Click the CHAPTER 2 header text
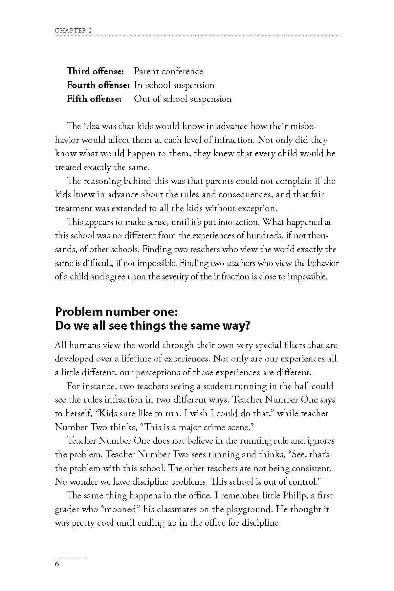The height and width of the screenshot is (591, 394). (x=73, y=31)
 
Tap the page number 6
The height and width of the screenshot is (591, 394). (x=57, y=564)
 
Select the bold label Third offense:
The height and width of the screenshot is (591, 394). (x=95, y=71)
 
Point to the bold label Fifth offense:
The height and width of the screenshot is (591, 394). (x=94, y=99)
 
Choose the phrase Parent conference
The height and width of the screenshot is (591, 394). (x=168, y=71)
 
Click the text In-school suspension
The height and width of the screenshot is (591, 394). (x=174, y=85)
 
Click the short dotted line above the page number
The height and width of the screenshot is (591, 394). (x=71, y=558)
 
